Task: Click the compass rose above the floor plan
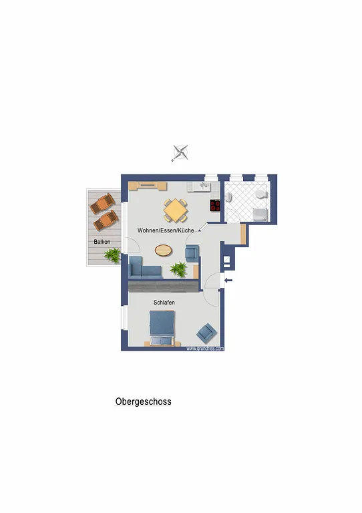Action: pos(180,153)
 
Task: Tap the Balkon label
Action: pos(102,242)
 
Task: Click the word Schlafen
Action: pos(164,303)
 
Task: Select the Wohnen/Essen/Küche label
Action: pos(166,230)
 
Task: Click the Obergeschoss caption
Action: pos(143,401)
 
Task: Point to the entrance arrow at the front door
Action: pos(228,280)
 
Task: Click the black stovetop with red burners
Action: pos(215,205)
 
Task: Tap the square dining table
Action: pos(176,210)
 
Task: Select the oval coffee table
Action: pos(164,250)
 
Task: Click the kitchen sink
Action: pos(204,187)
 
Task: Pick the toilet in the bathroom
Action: pos(262,194)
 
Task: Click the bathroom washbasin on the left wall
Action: pos(228,197)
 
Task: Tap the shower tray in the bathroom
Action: pos(260,214)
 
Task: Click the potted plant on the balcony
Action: pos(113,255)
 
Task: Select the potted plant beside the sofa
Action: pos(178,269)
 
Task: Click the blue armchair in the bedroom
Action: pos(206,333)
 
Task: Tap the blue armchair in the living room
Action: pos(192,253)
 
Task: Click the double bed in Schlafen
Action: pos(162,328)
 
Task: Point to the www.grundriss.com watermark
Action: pos(205,349)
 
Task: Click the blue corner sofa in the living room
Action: pos(144,269)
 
